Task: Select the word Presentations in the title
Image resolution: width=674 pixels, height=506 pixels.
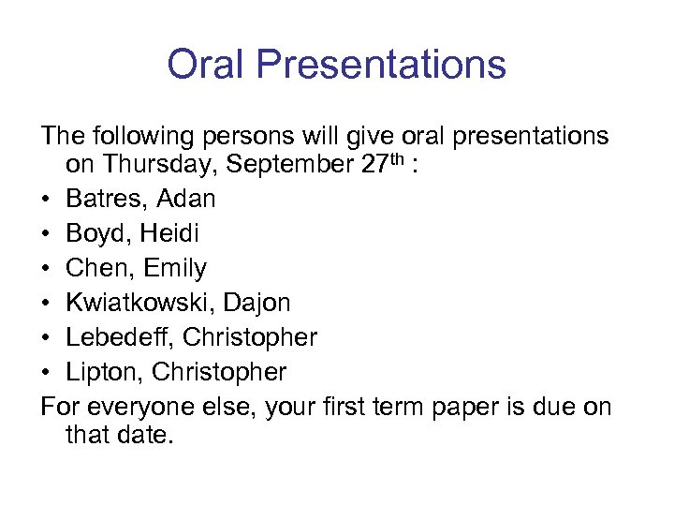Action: point(380,65)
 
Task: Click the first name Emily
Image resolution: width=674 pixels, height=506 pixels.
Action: point(174,269)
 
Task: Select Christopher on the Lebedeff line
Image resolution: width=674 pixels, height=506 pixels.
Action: point(252,337)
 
